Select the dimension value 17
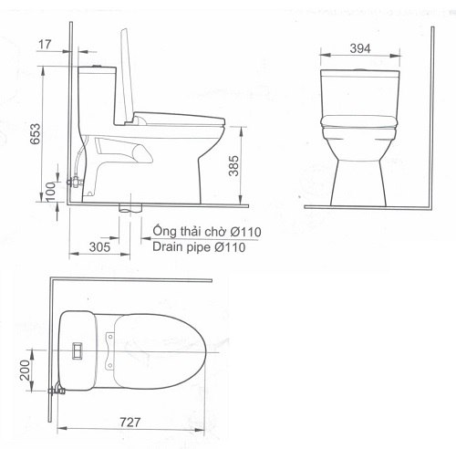point(46,42)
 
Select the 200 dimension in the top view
point(27,371)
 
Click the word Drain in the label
point(170,246)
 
